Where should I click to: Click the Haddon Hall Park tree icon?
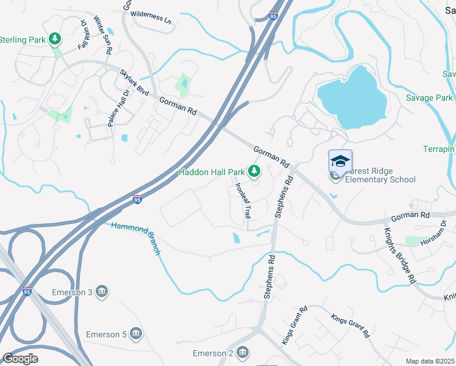[254, 171]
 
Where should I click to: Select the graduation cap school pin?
[340, 161]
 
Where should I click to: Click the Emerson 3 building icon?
[102, 292]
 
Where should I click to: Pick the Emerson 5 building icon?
[135, 334]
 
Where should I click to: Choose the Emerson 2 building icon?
[243, 353]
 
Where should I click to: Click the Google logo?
[21, 358]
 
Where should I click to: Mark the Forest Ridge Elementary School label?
[380, 175]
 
